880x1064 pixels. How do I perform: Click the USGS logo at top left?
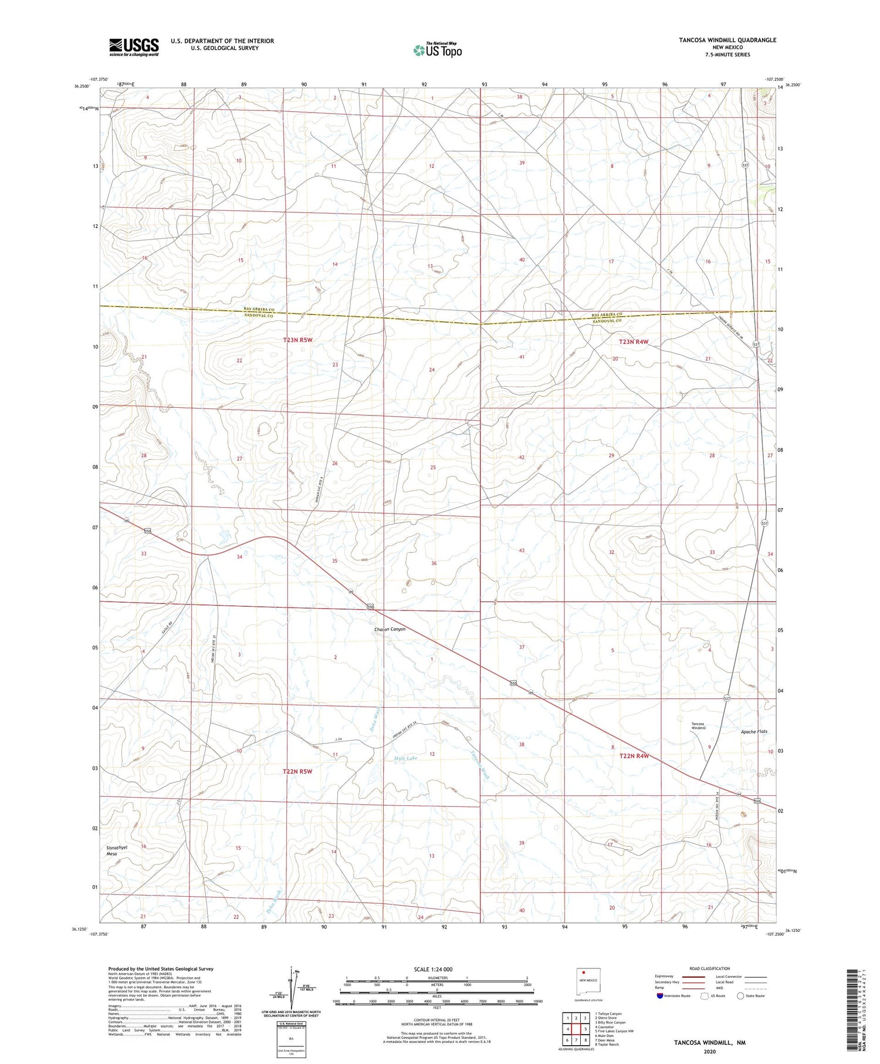click(x=134, y=47)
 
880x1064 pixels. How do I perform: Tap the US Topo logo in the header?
click(x=437, y=50)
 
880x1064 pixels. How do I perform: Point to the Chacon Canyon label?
click(x=390, y=629)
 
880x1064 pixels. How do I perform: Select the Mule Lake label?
click(x=406, y=758)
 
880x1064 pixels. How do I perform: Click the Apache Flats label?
click(x=753, y=731)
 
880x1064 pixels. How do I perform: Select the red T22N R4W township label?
click(x=634, y=756)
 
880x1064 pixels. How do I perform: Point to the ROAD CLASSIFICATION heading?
click(x=709, y=968)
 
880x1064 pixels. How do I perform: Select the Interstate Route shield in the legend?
click(x=660, y=996)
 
